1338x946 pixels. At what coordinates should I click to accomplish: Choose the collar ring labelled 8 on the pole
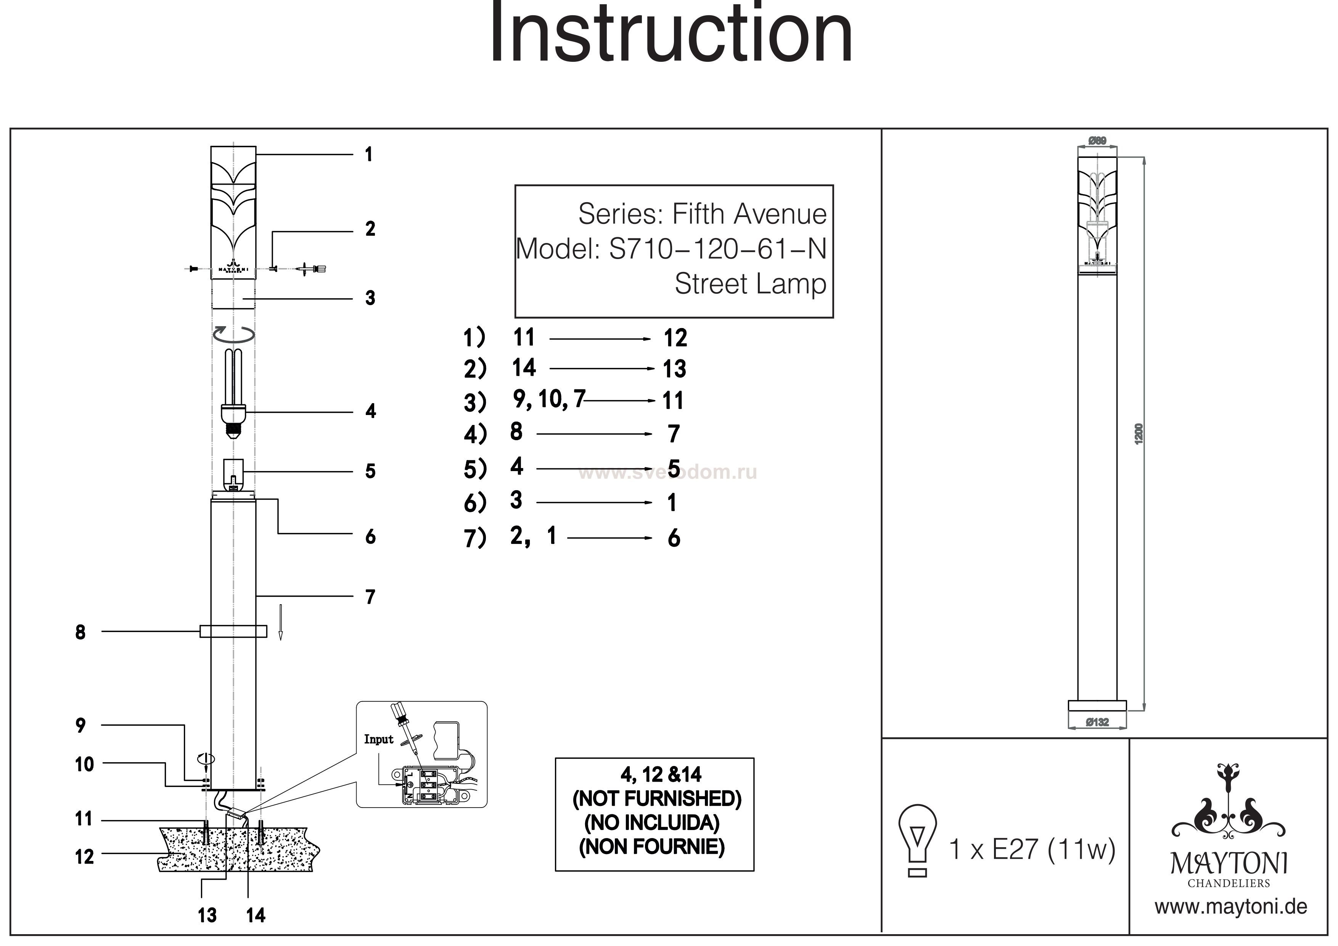click(x=233, y=631)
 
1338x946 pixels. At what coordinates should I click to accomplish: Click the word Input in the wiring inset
click(x=379, y=740)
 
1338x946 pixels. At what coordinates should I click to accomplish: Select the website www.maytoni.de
click(x=1231, y=907)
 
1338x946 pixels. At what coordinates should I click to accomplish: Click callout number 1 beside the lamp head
click(x=368, y=154)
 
